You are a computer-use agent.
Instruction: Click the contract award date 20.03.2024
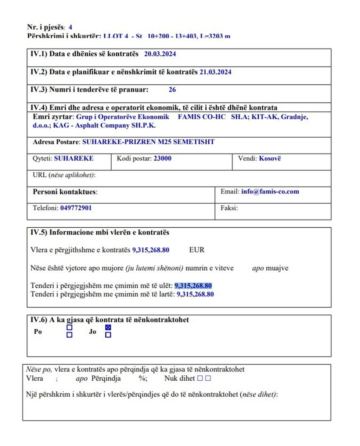[x=160, y=54]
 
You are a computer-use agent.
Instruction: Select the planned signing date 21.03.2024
[x=215, y=72]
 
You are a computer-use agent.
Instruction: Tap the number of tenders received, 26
[x=172, y=90]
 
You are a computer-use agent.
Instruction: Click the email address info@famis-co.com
[x=270, y=192]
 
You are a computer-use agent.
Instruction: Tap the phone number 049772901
[x=76, y=208]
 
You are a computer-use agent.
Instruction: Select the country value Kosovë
[x=270, y=159]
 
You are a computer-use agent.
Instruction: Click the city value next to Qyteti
[x=73, y=159]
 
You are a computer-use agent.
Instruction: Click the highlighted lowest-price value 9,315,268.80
[x=193, y=286]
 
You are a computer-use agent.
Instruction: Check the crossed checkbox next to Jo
[x=108, y=327]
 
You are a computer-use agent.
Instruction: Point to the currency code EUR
[x=197, y=250]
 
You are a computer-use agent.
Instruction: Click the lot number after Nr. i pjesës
[x=70, y=27]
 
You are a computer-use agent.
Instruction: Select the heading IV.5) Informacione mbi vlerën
[x=100, y=232]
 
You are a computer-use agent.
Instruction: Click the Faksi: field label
[x=229, y=208]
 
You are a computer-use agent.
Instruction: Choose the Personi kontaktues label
[x=65, y=192]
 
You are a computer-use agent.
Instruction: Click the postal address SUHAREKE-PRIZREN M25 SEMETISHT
[x=148, y=142]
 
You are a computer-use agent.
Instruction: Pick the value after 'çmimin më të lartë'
[x=195, y=294]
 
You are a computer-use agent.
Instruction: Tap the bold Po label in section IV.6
[x=38, y=332]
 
